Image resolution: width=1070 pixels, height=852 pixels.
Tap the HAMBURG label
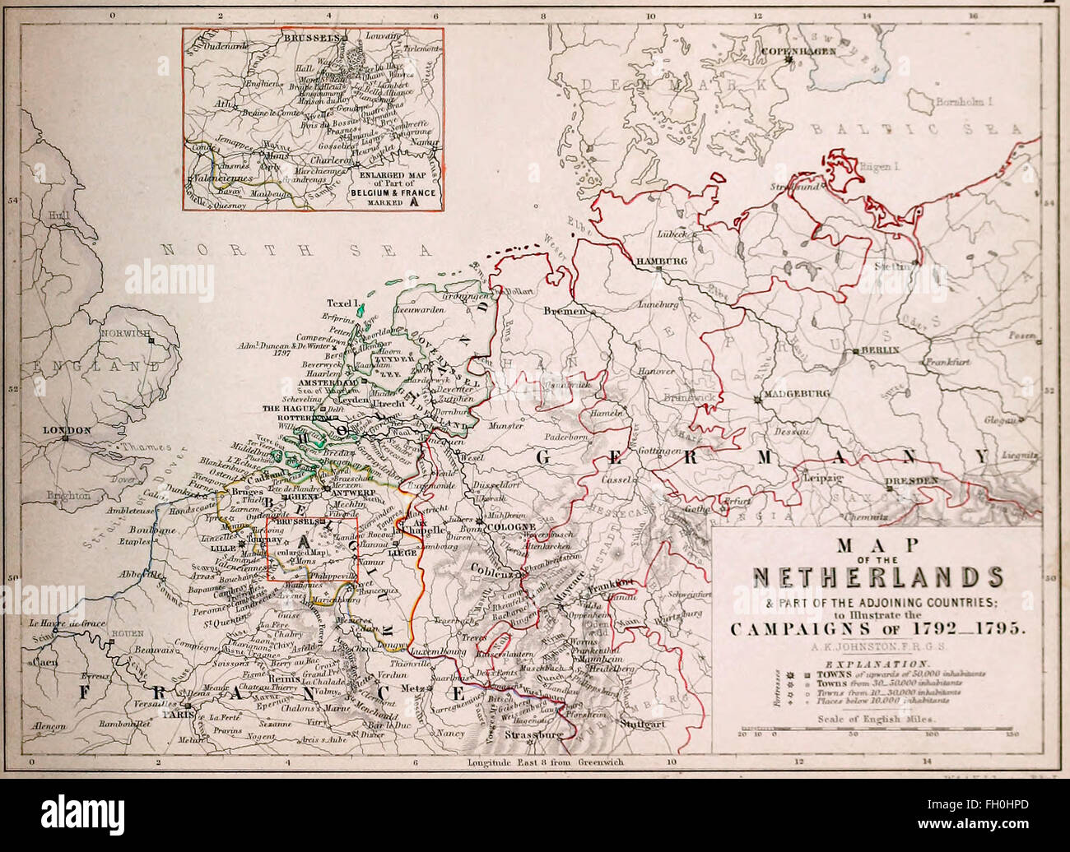660,261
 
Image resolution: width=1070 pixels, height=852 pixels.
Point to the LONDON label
67,429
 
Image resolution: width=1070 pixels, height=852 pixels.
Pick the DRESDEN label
911,479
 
